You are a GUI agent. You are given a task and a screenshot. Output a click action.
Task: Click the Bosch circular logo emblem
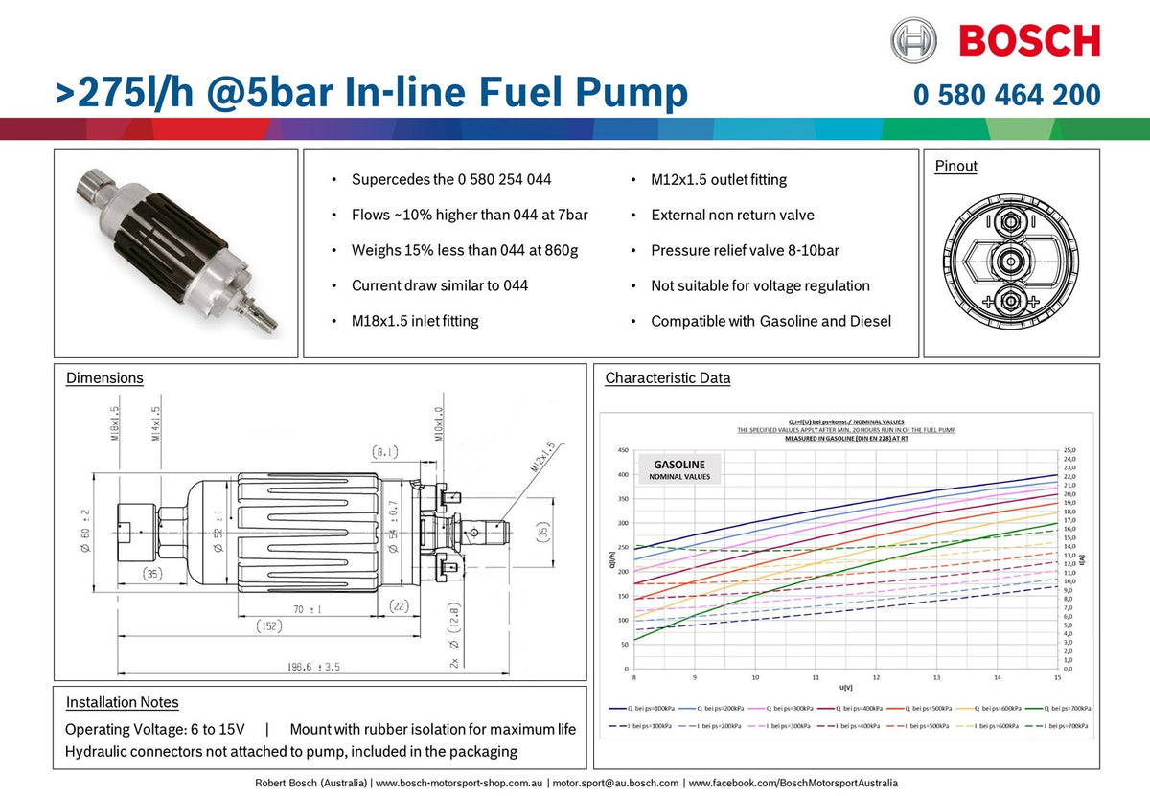click(x=913, y=41)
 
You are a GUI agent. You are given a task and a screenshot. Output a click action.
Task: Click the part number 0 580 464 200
click(x=1006, y=95)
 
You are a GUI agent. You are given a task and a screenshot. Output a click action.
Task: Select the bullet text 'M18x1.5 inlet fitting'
click(x=415, y=321)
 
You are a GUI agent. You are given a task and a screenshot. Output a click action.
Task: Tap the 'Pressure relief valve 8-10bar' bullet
click(x=745, y=250)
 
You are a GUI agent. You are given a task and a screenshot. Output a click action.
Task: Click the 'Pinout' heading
click(x=955, y=166)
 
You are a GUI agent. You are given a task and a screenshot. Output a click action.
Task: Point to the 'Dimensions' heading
click(x=104, y=377)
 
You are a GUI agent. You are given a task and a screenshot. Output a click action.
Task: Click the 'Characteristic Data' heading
click(x=667, y=377)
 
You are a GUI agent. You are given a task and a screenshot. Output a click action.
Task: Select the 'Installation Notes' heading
click(x=122, y=702)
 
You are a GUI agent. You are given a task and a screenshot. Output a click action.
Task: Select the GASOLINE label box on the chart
click(x=678, y=469)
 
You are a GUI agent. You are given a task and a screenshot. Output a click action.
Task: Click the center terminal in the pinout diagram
click(x=1009, y=260)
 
